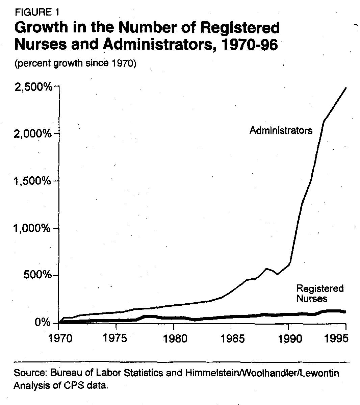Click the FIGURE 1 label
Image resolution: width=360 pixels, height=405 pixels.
[37, 12]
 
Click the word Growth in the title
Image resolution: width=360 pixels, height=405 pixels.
[41, 28]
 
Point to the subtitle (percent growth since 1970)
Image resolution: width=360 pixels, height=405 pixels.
[75, 64]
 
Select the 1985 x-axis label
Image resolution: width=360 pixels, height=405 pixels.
[231, 338]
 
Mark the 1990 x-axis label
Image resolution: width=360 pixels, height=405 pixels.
[288, 338]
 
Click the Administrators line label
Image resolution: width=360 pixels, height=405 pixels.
[281, 130]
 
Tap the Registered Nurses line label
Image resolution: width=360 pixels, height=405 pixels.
[319, 293]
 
